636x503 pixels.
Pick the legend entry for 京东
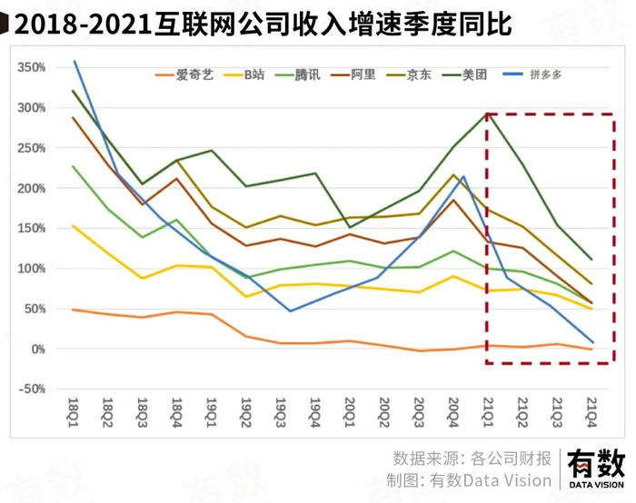(x=419, y=75)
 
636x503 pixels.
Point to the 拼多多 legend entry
(x=535, y=75)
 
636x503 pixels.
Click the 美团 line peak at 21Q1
(x=489, y=113)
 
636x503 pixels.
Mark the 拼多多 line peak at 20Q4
(x=463, y=176)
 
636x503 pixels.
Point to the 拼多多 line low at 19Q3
(x=290, y=311)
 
